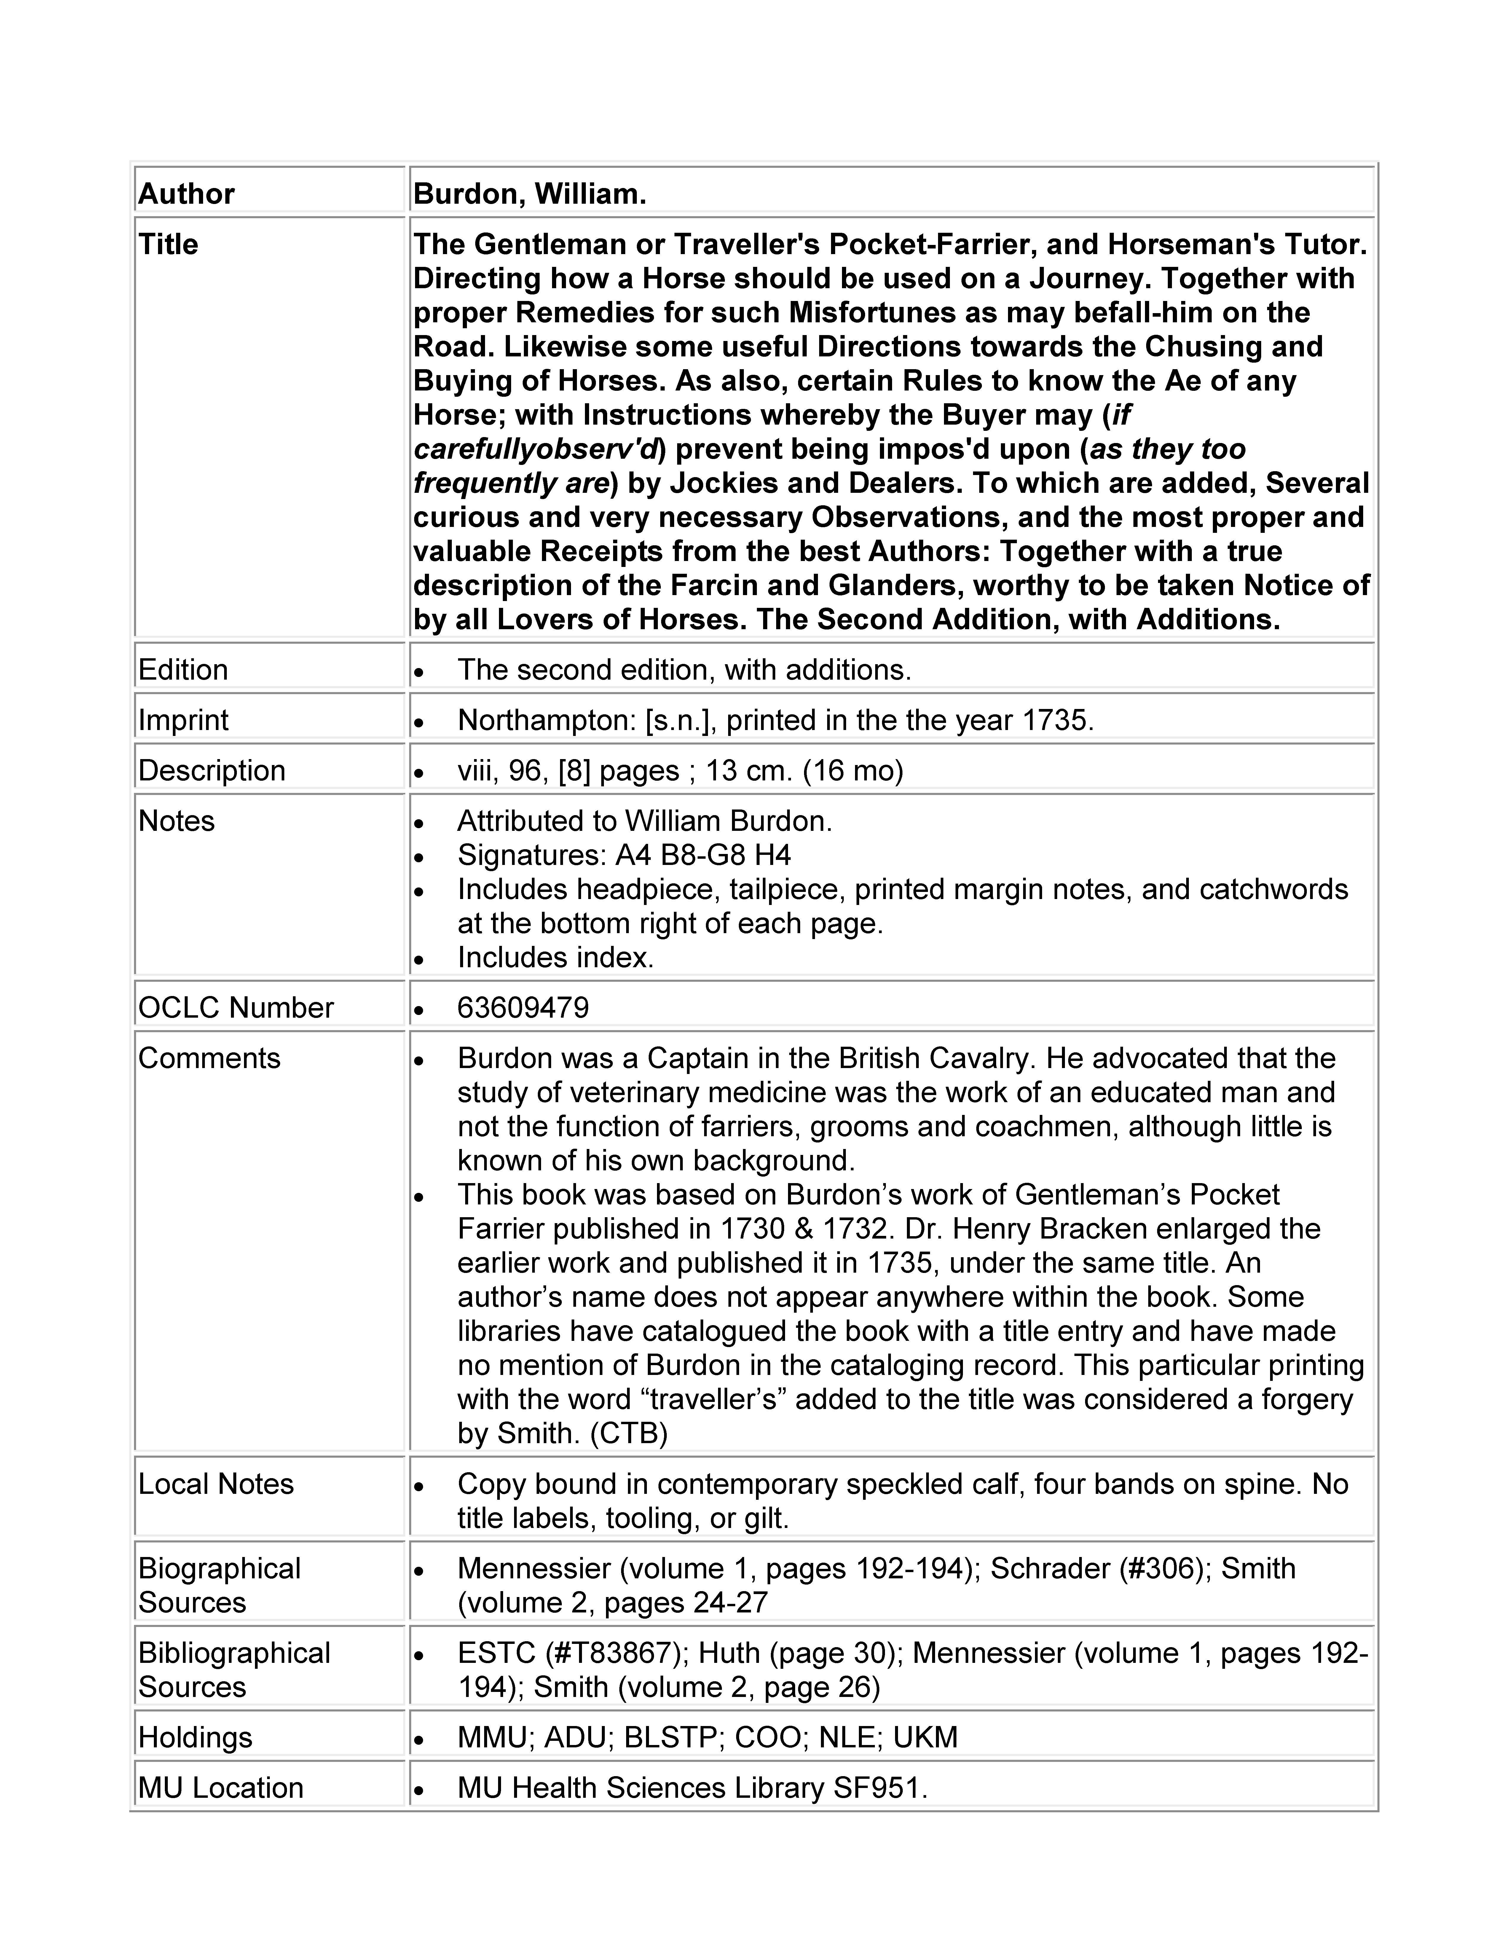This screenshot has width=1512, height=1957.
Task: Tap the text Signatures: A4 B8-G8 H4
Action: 624,855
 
